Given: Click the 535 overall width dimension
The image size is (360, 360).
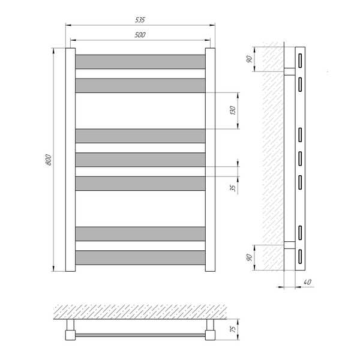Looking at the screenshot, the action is pyautogui.click(x=140, y=20).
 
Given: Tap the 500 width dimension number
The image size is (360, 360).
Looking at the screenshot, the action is pyautogui.click(x=140, y=35).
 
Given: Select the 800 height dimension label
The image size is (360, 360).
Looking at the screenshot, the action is pyautogui.click(x=49, y=160).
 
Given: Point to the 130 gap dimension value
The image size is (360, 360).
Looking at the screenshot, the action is pyautogui.click(x=233, y=110).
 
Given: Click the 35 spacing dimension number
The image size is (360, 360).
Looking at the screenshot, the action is pyautogui.click(x=233, y=188).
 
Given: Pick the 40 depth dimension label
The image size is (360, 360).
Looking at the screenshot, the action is pyautogui.click(x=307, y=282).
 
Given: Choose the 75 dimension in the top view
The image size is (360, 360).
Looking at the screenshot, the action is pyautogui.click(x=233, y=329).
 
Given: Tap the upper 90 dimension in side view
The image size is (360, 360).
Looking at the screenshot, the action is pyautogui.click(x=250, y=59).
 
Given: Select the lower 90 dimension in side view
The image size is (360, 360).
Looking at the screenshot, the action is pyautogui.click(x=250, y=257).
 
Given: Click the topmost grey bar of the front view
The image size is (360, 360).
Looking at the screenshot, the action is pyautogui.click(x=140, y=62).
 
